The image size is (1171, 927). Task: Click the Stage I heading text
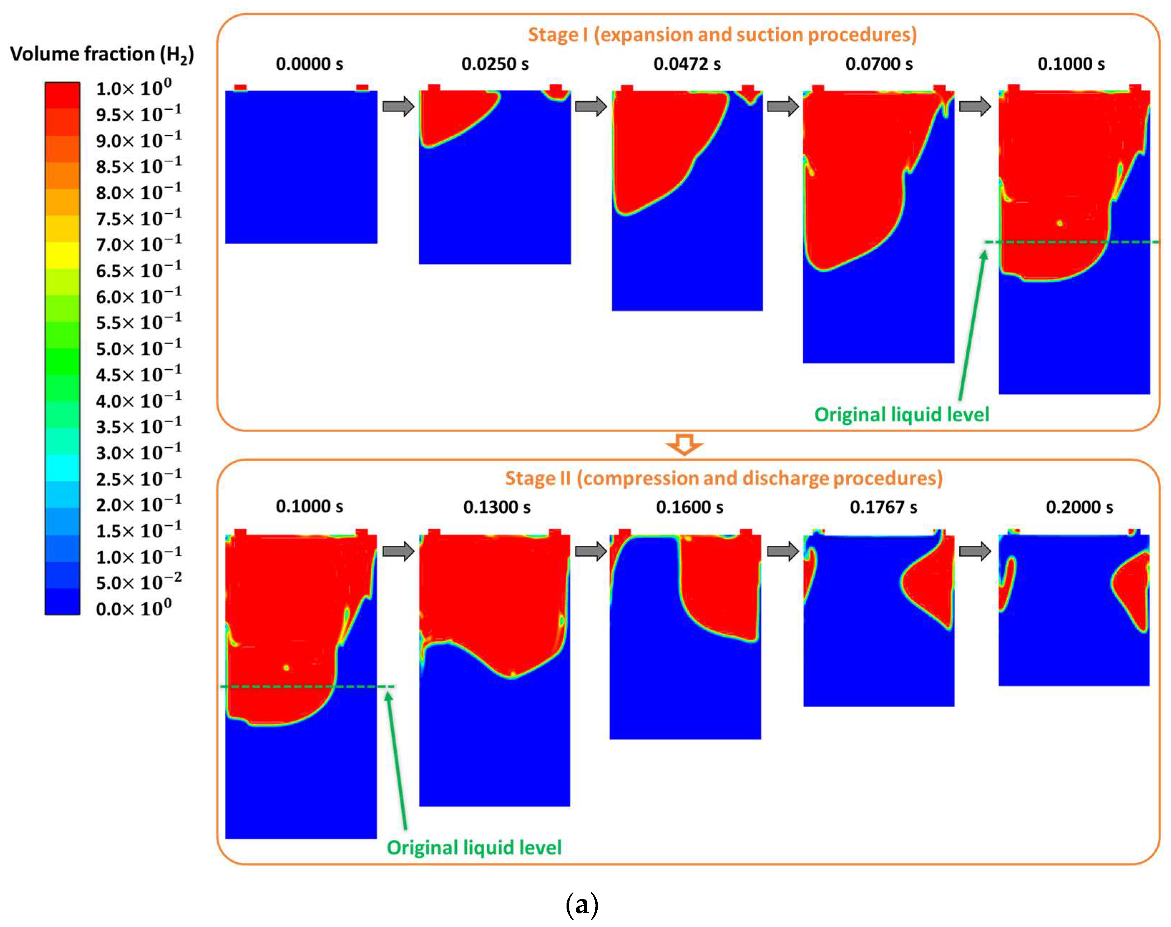point(722,35)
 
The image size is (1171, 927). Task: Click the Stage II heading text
point(724,478)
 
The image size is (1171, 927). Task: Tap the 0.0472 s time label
point(687,64)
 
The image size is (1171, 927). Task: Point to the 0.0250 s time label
point(495,64)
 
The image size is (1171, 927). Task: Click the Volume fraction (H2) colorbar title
point(102,54)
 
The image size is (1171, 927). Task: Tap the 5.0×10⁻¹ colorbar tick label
point(139,348)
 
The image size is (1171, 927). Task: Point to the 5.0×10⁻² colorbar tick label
point(139,582)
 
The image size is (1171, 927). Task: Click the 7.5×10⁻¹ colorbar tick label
point(139,218)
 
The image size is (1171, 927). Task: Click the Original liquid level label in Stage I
point(901,415)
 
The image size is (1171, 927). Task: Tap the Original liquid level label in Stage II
point(474,847)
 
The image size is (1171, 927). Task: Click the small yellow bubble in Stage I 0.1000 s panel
point(1059,223)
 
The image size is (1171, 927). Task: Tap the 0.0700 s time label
point(879,64)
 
